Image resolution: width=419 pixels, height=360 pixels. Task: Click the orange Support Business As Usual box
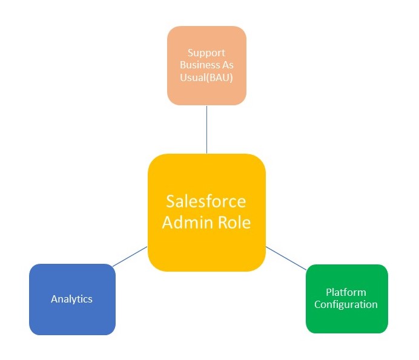point(206,65)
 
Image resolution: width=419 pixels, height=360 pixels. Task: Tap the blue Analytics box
point(72,299)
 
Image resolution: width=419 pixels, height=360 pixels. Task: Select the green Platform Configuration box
point(346,298)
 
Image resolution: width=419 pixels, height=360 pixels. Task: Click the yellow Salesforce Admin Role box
point(206,212)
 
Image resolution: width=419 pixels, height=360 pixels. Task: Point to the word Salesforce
point(206,201)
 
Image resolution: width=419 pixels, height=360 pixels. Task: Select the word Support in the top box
point(206,53)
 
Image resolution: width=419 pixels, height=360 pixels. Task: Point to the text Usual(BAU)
point(206,77)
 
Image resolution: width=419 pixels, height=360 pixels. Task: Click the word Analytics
point(72,299)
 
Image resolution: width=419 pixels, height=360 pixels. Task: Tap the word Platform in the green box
point(346,292)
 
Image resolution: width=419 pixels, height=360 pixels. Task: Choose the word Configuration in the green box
point(346,304)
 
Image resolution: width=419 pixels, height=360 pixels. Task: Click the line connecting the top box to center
point(206,129)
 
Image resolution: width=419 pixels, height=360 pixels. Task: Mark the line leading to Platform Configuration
point(286,258)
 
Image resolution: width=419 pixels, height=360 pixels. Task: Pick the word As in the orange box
point(227,65)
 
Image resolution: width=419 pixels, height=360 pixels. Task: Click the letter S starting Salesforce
point(171,201)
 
